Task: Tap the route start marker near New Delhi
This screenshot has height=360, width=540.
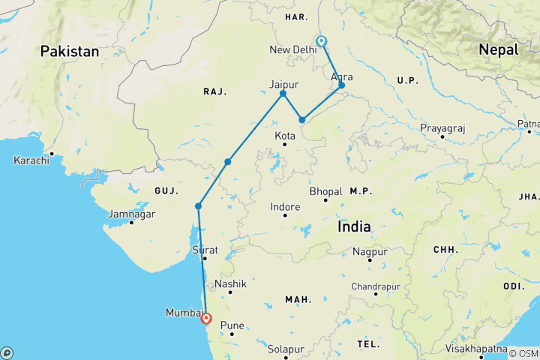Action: point(321,42)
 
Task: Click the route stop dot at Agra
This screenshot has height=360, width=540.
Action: point(341,85)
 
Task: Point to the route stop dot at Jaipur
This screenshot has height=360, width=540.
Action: point(283,94)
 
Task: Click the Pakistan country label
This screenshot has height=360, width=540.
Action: point(70,52)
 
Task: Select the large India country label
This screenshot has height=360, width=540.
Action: point(359,226)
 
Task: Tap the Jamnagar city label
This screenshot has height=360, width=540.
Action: point(131,214)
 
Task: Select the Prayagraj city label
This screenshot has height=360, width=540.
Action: point(442,128)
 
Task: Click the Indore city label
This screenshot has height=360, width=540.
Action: point(285,207)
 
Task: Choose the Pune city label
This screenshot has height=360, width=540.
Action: point(231,327)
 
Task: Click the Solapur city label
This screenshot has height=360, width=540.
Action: point(288,349)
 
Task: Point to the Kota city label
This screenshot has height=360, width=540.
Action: point(285,136)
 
